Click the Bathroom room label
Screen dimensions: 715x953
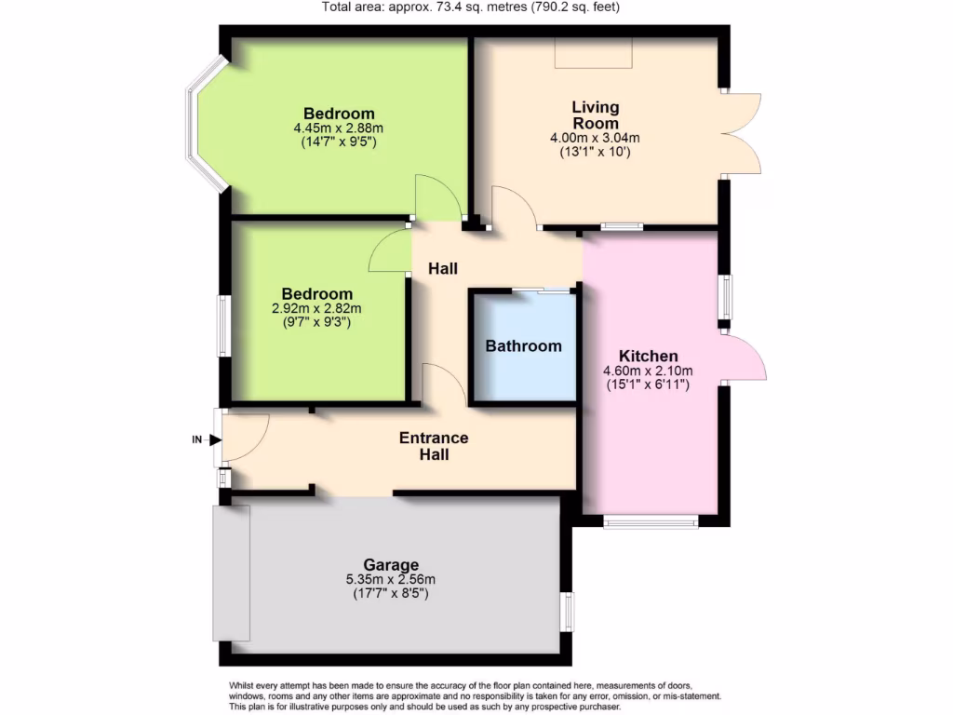point(523,346)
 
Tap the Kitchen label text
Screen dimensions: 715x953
point(648,357)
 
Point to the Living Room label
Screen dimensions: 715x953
point(595,115)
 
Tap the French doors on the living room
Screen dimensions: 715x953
point(743,132)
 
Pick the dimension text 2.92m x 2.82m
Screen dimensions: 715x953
point(316,309)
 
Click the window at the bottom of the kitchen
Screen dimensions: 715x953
point(651,522)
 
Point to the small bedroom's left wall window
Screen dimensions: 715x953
point(223,325)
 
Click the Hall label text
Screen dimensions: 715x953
point(443,269)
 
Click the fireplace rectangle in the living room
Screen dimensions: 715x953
point(594,52)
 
